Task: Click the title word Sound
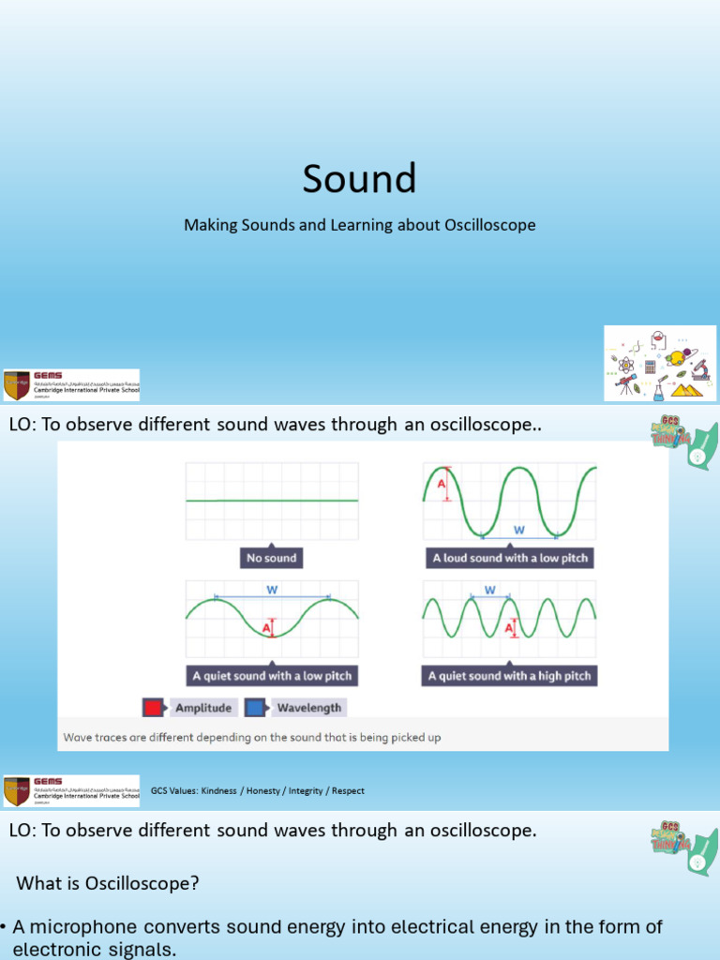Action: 359,178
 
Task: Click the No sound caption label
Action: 271,558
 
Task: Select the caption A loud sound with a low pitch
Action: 510,558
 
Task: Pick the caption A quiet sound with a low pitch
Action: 273,675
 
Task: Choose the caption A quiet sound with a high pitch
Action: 510,675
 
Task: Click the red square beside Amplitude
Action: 154,708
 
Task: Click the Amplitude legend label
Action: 203,708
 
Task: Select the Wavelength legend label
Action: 308,708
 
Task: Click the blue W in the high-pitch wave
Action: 489,591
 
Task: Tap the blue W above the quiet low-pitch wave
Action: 272,590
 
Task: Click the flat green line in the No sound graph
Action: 272,501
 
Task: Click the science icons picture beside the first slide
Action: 660,364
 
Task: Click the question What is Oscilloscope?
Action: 108,884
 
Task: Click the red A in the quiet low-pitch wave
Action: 266,626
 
